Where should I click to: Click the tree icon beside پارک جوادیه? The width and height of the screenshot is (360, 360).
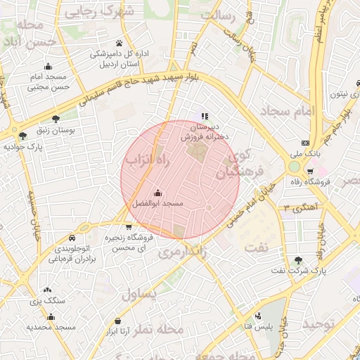23,136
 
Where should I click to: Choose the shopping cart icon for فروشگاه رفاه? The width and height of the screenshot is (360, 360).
310,172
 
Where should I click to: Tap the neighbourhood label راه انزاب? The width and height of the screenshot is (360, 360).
148,162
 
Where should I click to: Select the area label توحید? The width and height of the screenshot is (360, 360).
323,324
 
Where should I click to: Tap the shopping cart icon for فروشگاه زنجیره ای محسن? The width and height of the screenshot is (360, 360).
128,226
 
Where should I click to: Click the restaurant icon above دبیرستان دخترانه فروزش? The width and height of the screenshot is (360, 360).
205,116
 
